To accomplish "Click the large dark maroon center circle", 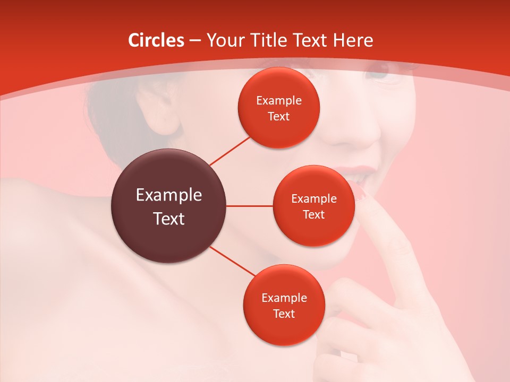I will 169,206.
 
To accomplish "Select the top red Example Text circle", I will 278,108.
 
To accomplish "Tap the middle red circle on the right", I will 313,206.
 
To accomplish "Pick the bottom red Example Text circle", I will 284,305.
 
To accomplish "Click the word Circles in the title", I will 156,40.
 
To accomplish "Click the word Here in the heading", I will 353,40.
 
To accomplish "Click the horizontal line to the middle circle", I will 250,206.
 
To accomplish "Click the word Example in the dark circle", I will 169,195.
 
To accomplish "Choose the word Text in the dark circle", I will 169,219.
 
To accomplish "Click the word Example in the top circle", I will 279,101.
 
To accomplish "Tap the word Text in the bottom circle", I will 284,314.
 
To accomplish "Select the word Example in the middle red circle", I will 314,199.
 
